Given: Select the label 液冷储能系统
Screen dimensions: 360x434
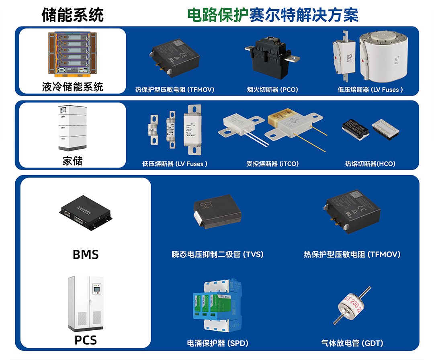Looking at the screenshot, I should pyautogui.click(x=73, y=86).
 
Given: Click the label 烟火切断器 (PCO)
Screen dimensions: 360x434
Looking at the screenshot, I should pyautogui.click(x=272, y=90).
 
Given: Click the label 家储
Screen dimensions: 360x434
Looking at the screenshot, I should pyautogui.click(x=73, y=161).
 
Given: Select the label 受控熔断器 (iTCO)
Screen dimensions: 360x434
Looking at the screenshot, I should pyautogui.click(x=272, y=164).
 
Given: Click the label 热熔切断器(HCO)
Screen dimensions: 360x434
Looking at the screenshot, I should pyautogui.click(x=370, y=164).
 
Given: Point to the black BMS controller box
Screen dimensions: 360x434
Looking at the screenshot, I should pyautogui.click(x=86, y=211).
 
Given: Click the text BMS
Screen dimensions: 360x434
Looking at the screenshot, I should pyautogui.click(x=86, y=254).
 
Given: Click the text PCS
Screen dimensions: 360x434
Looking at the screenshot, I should pyautogui.click(x=86, y=340).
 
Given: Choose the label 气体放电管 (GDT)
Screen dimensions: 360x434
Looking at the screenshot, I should pyautogui.click(x=352, y=343).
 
